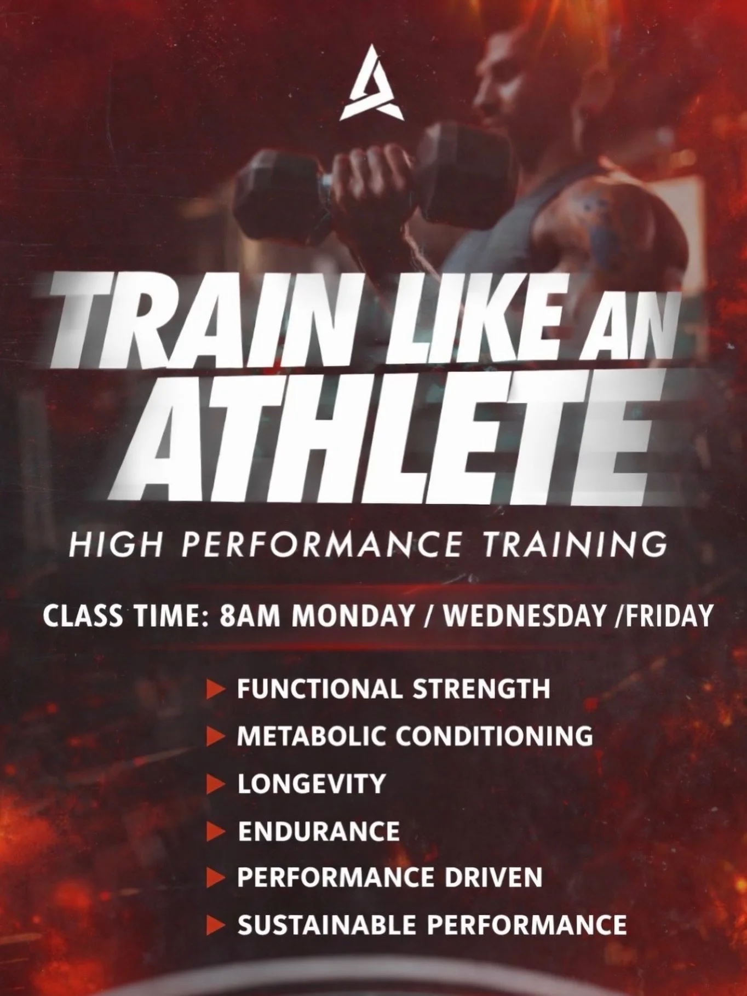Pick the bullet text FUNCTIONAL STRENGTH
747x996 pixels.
(393, 689)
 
